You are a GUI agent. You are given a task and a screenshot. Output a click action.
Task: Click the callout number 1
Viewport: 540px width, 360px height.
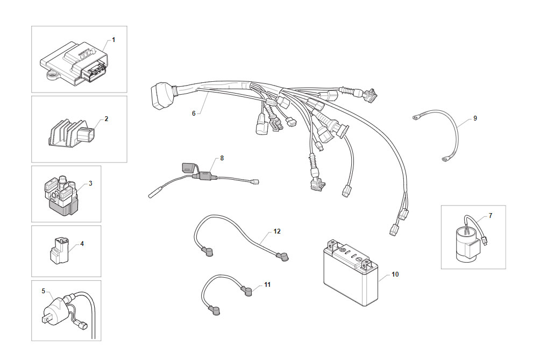113,40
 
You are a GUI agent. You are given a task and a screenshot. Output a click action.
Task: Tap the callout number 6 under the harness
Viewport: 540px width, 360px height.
194,114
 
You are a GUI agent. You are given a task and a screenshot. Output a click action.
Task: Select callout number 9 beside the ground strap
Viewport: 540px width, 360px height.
475,118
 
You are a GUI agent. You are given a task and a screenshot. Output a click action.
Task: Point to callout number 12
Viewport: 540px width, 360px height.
277,231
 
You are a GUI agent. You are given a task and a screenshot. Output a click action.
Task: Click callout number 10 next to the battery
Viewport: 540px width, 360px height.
395,274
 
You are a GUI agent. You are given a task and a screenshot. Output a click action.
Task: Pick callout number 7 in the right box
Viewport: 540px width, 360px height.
491,216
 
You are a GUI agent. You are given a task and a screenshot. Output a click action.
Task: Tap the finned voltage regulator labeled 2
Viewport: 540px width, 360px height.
70,133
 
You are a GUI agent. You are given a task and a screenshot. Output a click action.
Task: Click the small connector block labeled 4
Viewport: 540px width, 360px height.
59,250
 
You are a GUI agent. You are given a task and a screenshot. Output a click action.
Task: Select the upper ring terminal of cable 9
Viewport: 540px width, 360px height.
417,118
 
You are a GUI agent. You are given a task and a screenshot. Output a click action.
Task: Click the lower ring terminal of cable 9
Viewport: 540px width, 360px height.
446,159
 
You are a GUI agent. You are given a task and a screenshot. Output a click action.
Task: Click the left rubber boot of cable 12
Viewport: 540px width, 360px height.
208,251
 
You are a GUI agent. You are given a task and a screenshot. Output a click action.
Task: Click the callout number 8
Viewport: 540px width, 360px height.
222,158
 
